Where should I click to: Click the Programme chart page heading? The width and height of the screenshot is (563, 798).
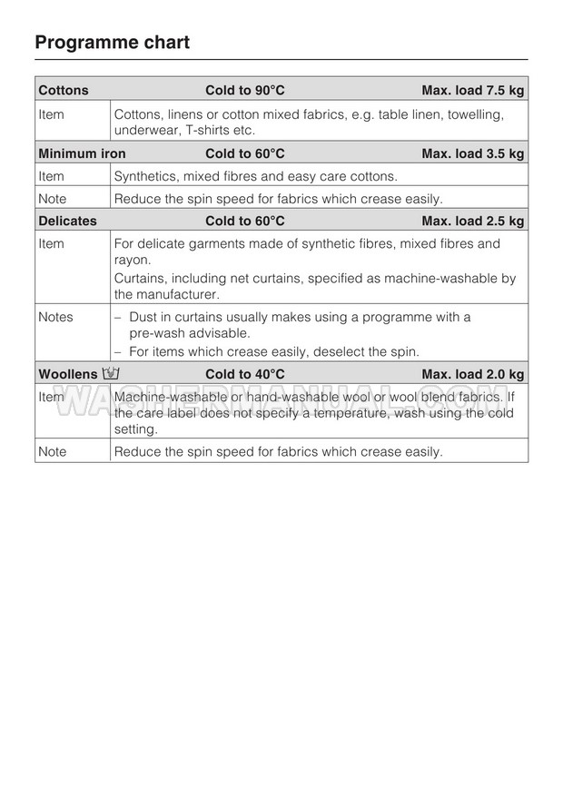[x=112, y=42]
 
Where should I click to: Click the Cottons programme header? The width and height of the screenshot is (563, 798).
[x=64, y=90]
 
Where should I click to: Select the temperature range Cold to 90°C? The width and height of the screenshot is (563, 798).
[x=245, y=90]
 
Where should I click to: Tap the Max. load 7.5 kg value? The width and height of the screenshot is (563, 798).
[x=472, y=90]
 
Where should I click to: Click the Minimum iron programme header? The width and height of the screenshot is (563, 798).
[x=82, y=153]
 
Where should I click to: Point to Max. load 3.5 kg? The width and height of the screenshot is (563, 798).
[x=472, y=153]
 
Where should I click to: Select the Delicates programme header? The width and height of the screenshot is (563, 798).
[x=67, y=221]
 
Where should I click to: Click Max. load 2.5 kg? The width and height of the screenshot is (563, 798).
[x=472, y=221]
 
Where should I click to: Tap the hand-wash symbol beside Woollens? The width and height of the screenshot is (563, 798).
[x=113, y=373]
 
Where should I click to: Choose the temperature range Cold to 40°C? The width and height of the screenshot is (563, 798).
[x=245, y=374]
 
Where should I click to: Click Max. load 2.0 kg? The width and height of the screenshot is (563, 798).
[x=472, y=374]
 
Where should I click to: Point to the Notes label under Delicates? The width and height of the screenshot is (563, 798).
[x=55, y=317]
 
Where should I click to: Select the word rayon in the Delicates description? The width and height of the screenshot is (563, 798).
[x=132, y=261]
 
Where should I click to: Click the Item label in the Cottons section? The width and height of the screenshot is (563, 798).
[x=51, y=113]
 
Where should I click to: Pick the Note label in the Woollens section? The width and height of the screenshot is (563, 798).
[x=52, y=451]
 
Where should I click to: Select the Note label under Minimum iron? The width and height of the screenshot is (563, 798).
[x=52, y=198]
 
